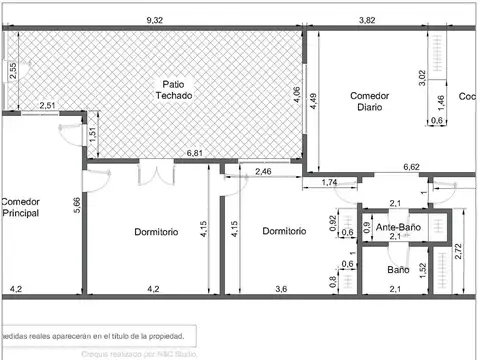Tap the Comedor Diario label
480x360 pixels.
[369, 102]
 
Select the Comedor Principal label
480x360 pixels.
[19, 207]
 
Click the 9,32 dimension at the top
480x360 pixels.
[155, 20]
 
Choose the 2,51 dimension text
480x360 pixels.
[47, 106]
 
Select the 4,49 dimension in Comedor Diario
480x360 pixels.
[313, 100]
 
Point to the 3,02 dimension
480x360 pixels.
[421, 74]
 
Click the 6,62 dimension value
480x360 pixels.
[411, 167]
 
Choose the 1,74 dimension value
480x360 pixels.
[330, 182]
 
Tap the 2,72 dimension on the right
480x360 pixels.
[459, 252]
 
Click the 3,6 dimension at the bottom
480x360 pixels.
[282, 290]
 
